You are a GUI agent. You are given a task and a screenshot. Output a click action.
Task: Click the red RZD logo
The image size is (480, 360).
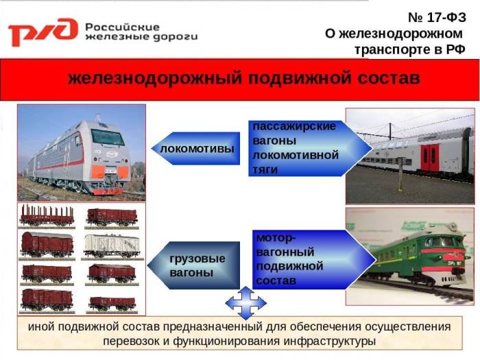pyautogui.click(x=43, y=32)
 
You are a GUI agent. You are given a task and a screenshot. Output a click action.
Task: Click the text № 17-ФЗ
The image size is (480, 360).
pyautogui.click(x=436, y=16)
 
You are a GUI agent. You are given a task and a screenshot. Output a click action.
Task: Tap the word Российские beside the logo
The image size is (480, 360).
pyautogui.click(x=122, y=25)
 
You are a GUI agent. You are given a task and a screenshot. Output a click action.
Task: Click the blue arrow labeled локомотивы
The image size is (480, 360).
pyautogui.click(x=195, y=149)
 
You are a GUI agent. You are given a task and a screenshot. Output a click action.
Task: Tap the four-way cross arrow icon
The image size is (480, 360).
pyautogui.click(x=245, y=301)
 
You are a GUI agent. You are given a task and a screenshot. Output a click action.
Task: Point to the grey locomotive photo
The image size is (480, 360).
pyautogui.click(x=81, y=152)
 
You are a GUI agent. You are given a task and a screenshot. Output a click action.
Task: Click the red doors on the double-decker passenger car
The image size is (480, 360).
pyautogui.click(x=430, y=157)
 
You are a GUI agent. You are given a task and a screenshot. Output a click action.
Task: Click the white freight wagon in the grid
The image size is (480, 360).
pyautogui.click(x=111, y=244)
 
